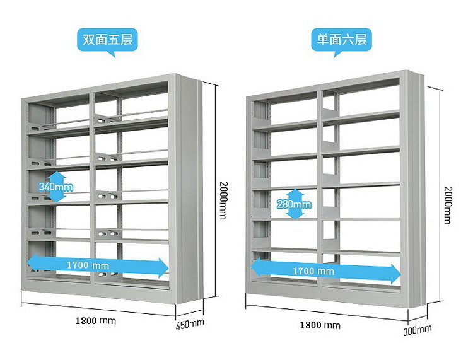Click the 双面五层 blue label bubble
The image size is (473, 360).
(x=107, y=40)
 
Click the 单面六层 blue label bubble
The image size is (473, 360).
(x=341, y=40)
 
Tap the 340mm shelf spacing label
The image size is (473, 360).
(x=56, y=187)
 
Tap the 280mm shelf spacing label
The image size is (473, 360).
(x=294, y=204)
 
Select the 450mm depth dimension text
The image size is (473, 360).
(x=190, y=324)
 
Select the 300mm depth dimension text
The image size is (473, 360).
(x=418, y=330)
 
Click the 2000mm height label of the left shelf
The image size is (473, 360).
(x=223, y=200)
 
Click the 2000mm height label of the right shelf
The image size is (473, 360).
(x=448, y=205)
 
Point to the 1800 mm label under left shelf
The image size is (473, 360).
(x=95, y=320)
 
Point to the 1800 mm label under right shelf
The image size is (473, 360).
(x=320, y=325)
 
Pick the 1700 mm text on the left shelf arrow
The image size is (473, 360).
(x=88, y=265)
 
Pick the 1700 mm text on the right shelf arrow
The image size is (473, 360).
(x=313, y=271)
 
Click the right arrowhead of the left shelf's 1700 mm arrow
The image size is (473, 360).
(x=165, y=268)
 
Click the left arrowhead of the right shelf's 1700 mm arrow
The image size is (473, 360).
(x=255, y=267)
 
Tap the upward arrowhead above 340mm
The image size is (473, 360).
(x=56, y=176)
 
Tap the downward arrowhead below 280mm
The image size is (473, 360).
(x=294, y=215)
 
